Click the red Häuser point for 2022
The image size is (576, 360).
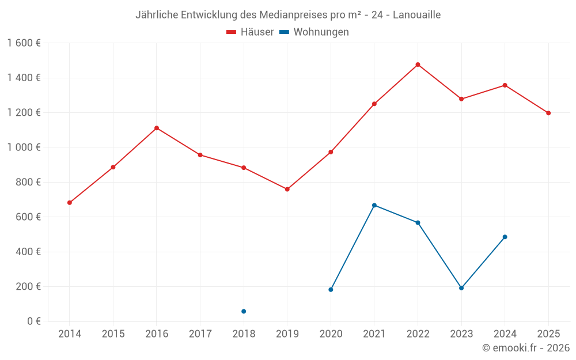click(418, 65)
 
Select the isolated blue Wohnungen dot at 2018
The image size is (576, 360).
click(244, 312)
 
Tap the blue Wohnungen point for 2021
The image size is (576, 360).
click(374, 205)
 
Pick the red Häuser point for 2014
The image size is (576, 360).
click(70, 203)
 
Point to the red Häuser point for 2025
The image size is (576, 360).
click(548, 113)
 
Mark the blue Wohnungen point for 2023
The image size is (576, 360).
click(461, 288)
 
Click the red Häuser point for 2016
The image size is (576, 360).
click(157, 128)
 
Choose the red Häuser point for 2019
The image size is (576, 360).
click(287, 189)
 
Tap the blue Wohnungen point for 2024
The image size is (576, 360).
click(505, 237)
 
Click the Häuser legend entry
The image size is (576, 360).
click(250, 32)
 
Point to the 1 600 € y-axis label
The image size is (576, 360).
click(24, 43)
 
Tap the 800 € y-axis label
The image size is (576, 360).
click(28, 182)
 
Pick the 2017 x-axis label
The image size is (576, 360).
click(200, 334)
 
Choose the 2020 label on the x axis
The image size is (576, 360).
click(331, 334)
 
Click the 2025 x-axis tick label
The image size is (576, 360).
click(548, 334)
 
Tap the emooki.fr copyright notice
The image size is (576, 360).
click(526, 348)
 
